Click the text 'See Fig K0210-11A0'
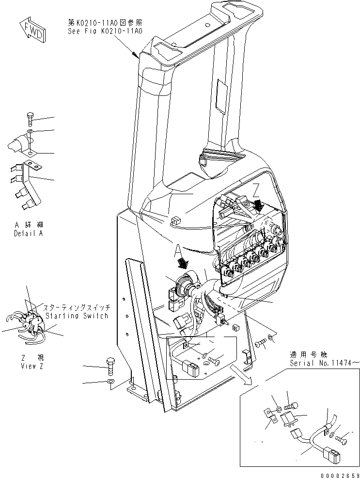pyautogui.click(x=105, y=31)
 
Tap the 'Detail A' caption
pyautogui.click(x=28, y=232)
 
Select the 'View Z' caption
pyautogui.click(x=28, y=367)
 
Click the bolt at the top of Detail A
pyautogui.click(x=30, y=119)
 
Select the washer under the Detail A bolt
pyautogui.click(x=30, y=131)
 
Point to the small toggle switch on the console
pyautogui.click(x=224, y=321)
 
